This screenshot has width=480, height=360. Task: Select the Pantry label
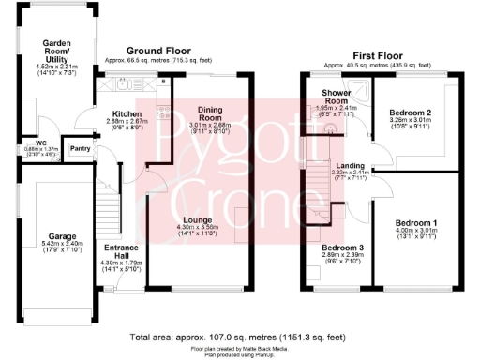[x=81, y=148]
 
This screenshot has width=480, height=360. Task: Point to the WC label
[x=15, y=143]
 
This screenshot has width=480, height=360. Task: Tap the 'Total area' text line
[x=239, y=335]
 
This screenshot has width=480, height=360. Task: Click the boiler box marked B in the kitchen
[x=163, y=82]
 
